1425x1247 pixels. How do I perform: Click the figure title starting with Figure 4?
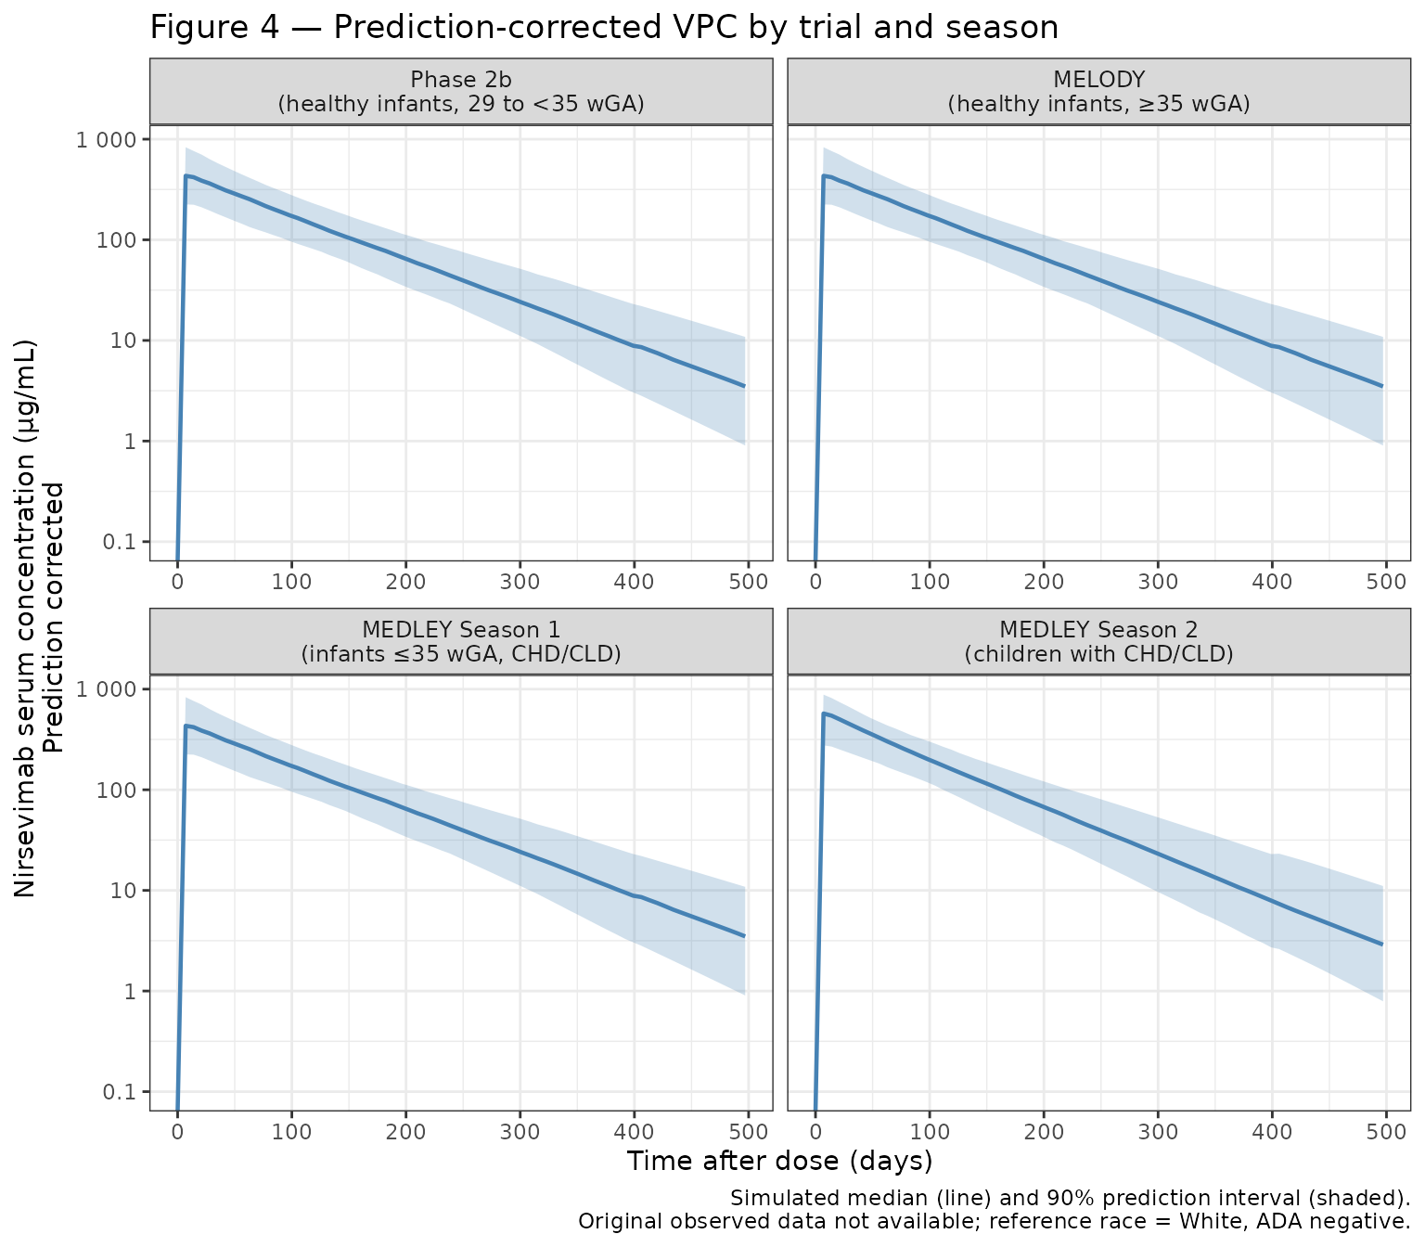pos(604,28)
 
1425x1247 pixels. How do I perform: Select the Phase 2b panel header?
pos(461,91)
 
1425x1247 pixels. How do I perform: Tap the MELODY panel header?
pos(1098,91)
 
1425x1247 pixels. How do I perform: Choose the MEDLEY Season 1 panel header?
pos(461,641)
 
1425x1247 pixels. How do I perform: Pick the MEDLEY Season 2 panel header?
pos(1098,641)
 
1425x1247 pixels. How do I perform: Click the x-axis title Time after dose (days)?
pos(779,1162)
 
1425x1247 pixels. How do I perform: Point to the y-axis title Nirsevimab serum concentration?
pos(26,617)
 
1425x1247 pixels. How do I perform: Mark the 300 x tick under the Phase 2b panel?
pos(520,582)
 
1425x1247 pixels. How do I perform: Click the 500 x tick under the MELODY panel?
pos(1385,582)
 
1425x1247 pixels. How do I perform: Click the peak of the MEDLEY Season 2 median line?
pos(824,713)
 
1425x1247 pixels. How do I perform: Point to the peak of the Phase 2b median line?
pos(186,175)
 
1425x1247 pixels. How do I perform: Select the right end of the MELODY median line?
pos(1382,386)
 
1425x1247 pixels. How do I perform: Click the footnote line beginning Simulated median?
pos(1071,1197)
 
